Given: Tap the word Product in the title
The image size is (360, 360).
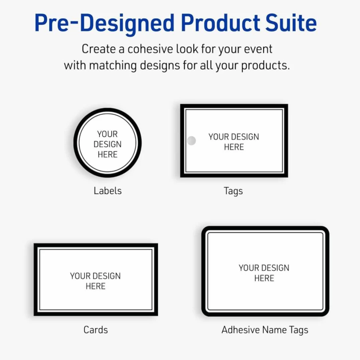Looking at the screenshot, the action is pos(221,22).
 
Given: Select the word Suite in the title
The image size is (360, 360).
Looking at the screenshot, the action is pos(291,22).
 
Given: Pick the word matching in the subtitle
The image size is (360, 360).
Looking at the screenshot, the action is pos(113,66).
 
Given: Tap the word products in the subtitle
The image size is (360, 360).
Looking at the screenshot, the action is pos(265,66).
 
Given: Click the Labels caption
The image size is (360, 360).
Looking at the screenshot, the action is pos(107,191).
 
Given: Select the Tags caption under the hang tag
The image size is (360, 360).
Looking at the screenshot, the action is pos(233,191).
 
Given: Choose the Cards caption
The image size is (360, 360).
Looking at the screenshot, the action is pos(95,330).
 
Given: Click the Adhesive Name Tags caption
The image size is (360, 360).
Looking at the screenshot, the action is pos(265,330).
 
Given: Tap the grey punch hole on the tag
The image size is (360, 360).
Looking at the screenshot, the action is pos(191,141).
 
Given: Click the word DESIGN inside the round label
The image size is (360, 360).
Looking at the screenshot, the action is pos(107,144).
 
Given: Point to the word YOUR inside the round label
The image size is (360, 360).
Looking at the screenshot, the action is pos(107,134).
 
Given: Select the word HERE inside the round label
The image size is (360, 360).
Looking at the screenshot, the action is pos(107,155).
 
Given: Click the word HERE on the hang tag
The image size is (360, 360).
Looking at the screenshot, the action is pos(234,147).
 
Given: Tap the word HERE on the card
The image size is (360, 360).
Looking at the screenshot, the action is pos(95,286).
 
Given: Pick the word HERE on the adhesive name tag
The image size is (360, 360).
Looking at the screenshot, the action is pos(264,278).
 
